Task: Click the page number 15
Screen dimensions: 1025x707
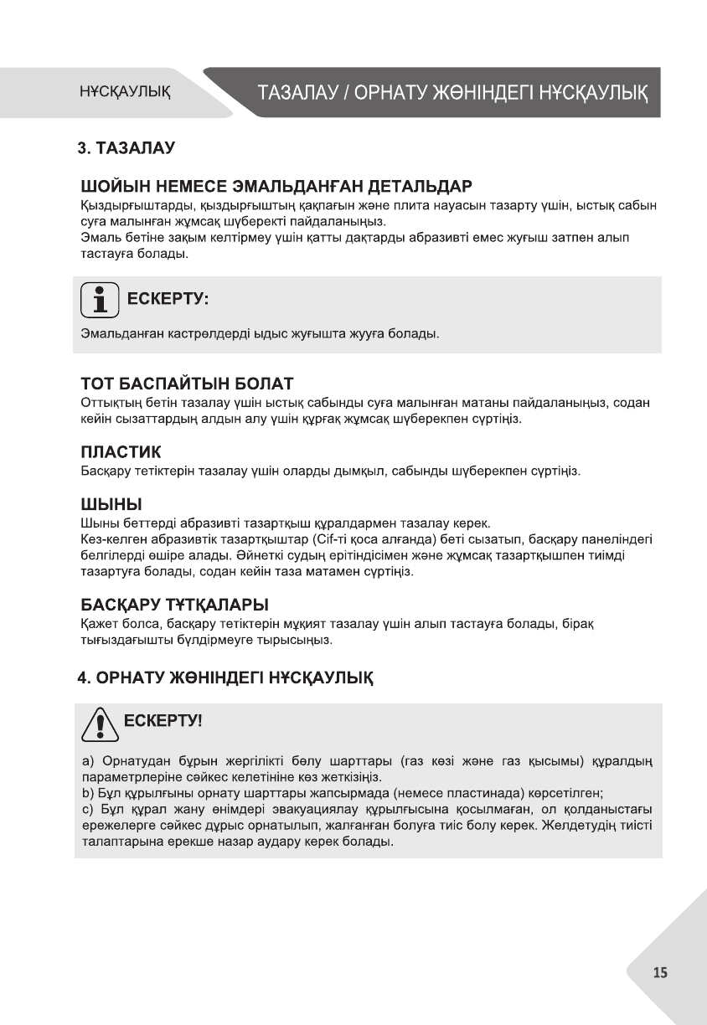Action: click(660, 972)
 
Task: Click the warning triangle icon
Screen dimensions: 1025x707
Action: click(97, 724)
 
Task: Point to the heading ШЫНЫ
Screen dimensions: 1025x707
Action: click(111, 505)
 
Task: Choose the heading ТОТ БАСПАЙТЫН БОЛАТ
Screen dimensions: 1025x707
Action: click(186, 384)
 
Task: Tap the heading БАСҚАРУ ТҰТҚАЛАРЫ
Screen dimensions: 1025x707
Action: click(174, 604)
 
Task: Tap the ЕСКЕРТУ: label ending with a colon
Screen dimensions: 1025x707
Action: click(167, 299)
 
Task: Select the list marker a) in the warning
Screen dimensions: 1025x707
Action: click(86, 761)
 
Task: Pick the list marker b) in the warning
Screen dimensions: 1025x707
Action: click(86, 792)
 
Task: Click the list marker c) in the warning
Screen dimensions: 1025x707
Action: click(86, 809)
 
